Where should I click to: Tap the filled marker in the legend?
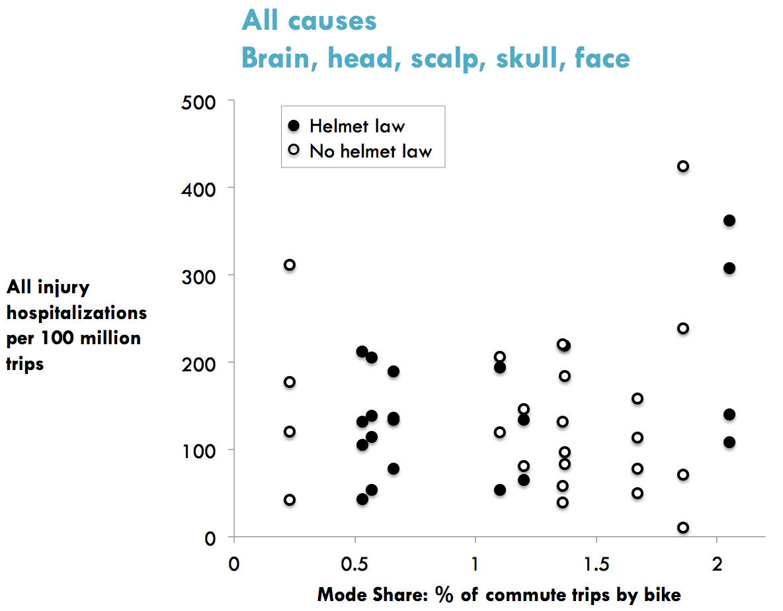[x=296, y=126]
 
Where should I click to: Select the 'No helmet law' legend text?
[x=370, y=151]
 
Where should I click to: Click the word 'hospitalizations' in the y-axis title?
[x=77, y=312]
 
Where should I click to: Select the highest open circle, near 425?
[x=683, y=166]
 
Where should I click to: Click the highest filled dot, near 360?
[x=729, y=220]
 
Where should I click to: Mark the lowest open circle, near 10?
[x=683, y=528]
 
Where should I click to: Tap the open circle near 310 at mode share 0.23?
[x=290, y=265]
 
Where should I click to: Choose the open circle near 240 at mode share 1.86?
[x=683, y=328]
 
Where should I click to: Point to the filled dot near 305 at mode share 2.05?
[x=729, y=268]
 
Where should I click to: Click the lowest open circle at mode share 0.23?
[x=290, y=500]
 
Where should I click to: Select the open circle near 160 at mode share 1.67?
[x=638, y=399]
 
